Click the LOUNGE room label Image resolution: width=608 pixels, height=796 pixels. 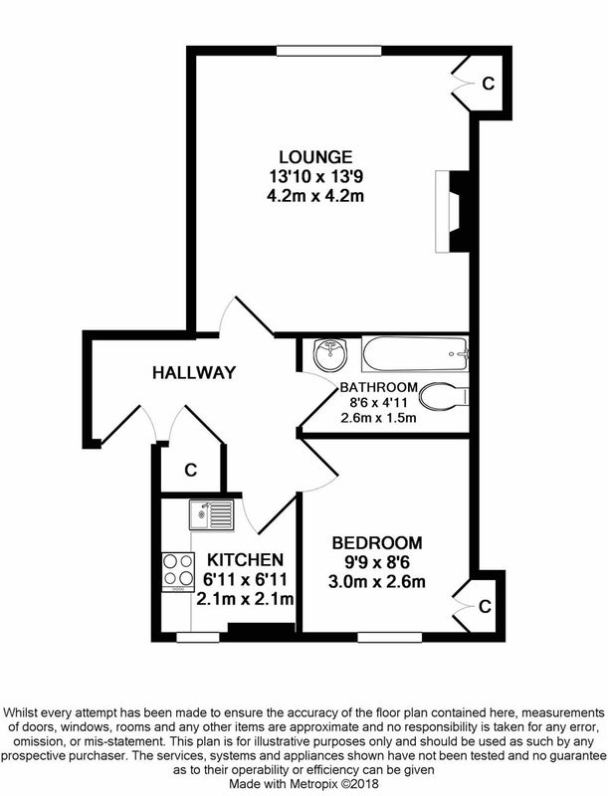pyautogui.click(x=315, y=156)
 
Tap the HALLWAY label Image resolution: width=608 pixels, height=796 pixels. pyautogui.click(x=194, y=372)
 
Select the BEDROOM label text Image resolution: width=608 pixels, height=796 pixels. pyautogui.click(x=377, y=542)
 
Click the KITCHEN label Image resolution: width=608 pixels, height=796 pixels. pyautogui.click(x=245, y=560)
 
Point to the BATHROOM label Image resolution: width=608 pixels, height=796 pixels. pyautogui.click(x=378, y=387)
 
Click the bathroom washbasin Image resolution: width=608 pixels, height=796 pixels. pyautogui.click(x=330, y=354)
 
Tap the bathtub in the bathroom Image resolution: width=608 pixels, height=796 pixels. pyautogui.click(x=415, y=354)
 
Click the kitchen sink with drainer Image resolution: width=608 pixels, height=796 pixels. pyautogui.click(x=212, y=514)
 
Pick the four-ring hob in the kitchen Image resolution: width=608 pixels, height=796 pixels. pyautogui.click(x=178, y=571)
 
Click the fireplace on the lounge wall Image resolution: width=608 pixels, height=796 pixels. pyautogui.click(x=453, y=211)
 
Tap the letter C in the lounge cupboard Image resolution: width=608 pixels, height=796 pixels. pyautogui.click(x=488, y=83)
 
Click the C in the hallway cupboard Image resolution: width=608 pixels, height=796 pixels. pyautogui.click(x=190, y=470)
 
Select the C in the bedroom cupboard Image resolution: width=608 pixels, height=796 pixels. pyautogui.click(x=485, y=606)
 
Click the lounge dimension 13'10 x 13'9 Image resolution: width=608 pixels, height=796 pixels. pyautogui.click(x=315, y=176)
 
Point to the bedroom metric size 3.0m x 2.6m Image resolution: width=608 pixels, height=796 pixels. pyautogui.click(x=376, y=581)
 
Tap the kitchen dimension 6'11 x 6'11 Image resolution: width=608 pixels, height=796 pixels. pyautogui.click(x=245, y=579)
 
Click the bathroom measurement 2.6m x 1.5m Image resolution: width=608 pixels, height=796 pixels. pyautogui.click(x=378, y=418)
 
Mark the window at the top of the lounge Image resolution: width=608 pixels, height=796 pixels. pyautogui.click(x=328, y=51)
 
